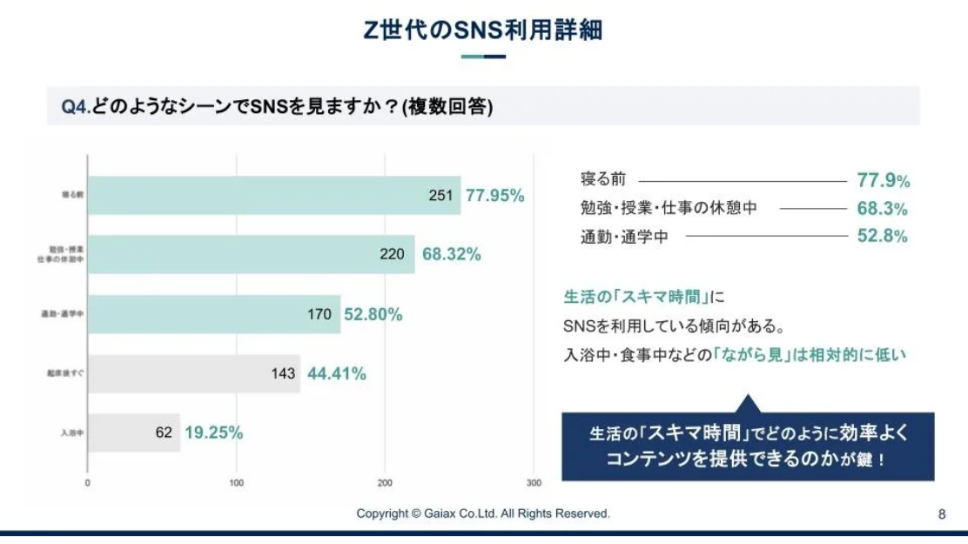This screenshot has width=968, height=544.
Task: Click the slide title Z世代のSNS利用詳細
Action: (483, 30)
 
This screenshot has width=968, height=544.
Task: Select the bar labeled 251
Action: (274, 196)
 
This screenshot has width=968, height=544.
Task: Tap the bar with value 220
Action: (252, 254)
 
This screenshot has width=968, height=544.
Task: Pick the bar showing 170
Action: (214, 314)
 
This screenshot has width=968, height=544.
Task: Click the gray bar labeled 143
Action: (194, 373)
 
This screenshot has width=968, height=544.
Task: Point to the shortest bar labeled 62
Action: (134, 433)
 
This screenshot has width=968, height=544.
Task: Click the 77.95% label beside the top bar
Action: (495, 196)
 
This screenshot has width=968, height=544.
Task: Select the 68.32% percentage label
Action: (452, 254)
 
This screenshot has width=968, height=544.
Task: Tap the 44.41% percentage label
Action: (337, 373)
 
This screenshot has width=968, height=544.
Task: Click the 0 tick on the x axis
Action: (88, 482)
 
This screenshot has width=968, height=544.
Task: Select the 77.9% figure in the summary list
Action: (883, 181)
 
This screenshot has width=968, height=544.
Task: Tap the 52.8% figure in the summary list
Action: (883, 236)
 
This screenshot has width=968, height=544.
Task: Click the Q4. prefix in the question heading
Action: (75, 106)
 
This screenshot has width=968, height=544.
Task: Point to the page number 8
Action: (942, 514)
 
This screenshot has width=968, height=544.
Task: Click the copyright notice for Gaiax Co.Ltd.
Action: (483, 514)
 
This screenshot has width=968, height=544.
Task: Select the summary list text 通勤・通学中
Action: (623, 236)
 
